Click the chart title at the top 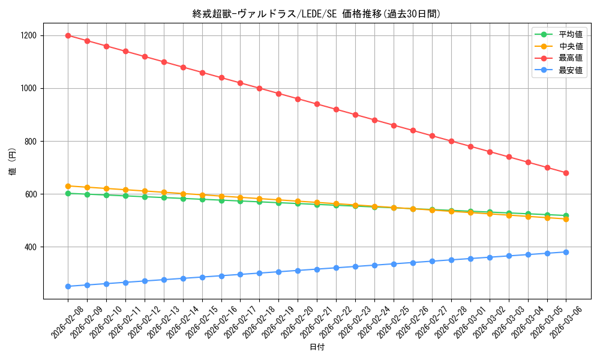pos(317,14)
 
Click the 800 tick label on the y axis pos(30,142)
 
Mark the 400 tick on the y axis pos(30,247)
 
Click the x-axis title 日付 pos(317,347)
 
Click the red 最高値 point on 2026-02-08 pos(68,35)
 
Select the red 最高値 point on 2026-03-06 pos(566,173)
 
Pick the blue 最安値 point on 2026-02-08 pos(68,286)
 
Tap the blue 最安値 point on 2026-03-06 pos(566,252)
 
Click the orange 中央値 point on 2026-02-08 pos(68,186)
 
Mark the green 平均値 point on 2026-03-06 pos(566,215)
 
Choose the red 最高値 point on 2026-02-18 pos(259,88)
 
